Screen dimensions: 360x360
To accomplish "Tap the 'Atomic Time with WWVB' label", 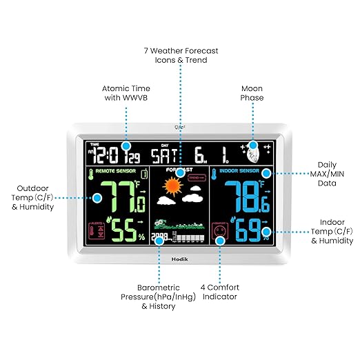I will [x=126, y=93].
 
